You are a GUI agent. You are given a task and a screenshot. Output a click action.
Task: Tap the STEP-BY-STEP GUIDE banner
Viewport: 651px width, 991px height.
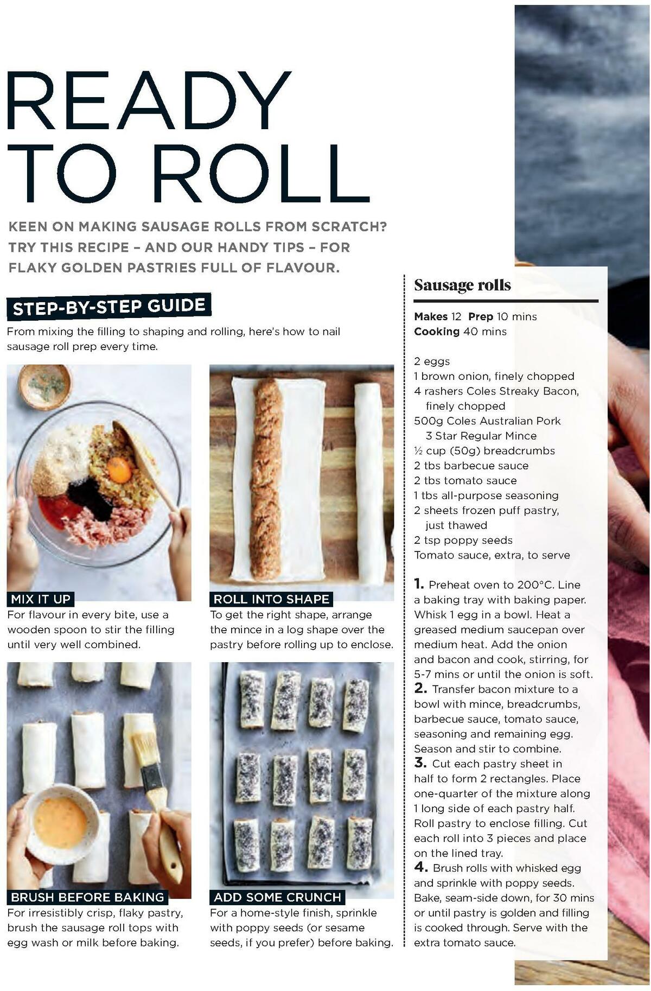[108, 307]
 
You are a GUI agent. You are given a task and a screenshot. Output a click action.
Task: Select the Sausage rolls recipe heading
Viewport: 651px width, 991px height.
[462, 285]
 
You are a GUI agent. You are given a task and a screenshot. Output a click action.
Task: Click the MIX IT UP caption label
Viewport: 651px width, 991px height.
[41, 599]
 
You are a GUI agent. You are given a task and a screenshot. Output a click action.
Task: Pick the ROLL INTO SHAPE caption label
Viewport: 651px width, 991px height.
[271, 599]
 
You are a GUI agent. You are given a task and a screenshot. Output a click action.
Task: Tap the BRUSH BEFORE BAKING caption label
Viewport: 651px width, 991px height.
[87, 897]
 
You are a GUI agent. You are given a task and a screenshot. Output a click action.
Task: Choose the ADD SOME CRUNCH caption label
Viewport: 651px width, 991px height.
[277, 897]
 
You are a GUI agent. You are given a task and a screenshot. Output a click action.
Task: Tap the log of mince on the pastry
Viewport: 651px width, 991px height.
[266, 478]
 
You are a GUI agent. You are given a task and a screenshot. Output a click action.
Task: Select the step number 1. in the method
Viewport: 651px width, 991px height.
[419, 584]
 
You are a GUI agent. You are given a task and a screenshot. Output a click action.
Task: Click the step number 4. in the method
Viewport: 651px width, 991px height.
[421, 867]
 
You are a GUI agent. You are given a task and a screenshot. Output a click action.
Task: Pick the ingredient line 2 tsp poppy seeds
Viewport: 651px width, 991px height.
[463, 540]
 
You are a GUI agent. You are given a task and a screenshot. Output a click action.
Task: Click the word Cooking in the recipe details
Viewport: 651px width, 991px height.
[437, 332]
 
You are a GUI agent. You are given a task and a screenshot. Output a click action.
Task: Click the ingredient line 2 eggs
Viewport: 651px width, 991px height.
[432, 361]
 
